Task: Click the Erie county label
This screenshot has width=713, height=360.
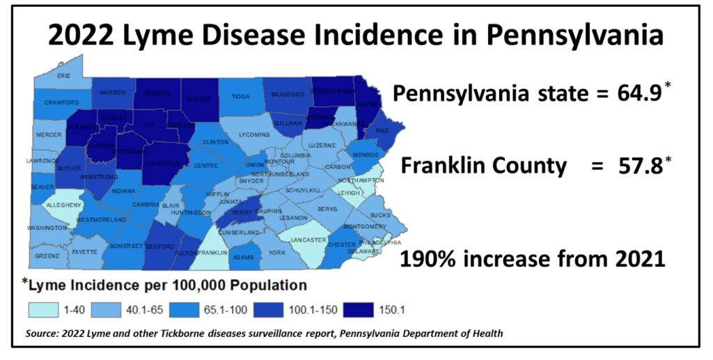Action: coord(63,75)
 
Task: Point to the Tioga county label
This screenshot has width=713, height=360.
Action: coord(240,97)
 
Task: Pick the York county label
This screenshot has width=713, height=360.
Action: coord(277,252)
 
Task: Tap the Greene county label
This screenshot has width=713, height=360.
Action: coord(47,256)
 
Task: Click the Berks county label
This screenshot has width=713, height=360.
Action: coord(327,209)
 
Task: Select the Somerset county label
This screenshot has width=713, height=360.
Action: coord(127,246)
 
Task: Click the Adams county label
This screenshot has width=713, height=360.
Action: coord(242,257)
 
